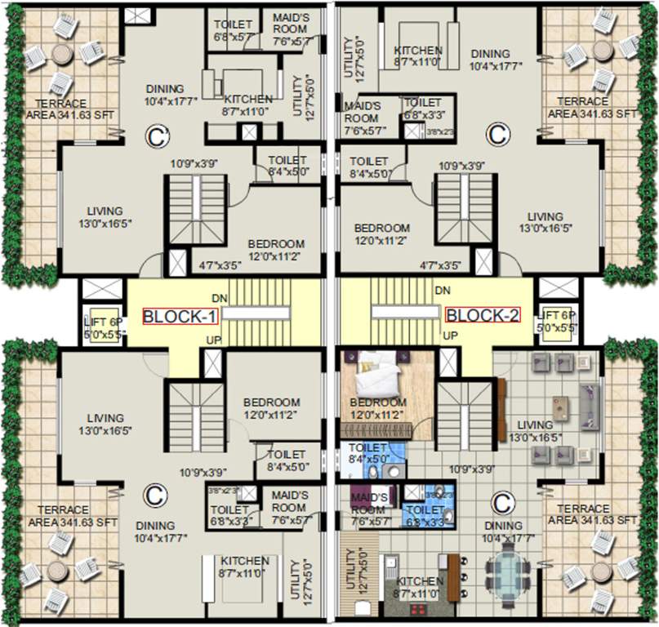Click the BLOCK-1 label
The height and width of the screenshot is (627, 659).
click(x=180, y=316)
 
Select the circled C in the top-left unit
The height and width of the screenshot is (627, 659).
click(x=155, y=136)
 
